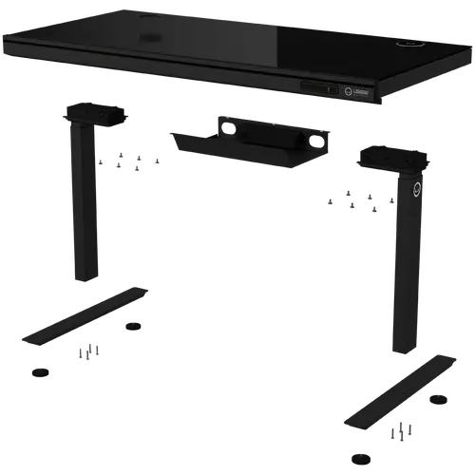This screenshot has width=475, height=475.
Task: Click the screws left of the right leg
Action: [x=351, y=202]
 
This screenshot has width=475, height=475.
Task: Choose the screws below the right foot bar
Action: [x=403, y=433]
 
